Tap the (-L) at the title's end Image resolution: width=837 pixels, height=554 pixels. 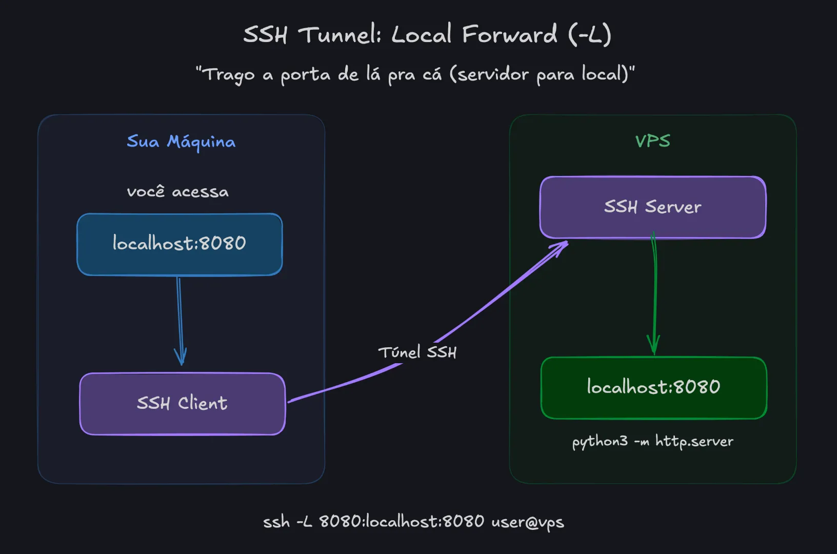pyautogui.click(x=590, y=35)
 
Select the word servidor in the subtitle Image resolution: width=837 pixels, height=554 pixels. pyautogui.click(x=492, y=74)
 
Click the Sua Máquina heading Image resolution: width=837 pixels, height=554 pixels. pyautogui.click(x=181, y=142)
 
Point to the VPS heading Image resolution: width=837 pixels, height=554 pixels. pyautogui.click(x=652, y=141)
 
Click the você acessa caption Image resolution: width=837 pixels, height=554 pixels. pyautogui.click(x=177, y=192)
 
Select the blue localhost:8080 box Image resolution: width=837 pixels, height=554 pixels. pyautogui.click(x=180, y=244)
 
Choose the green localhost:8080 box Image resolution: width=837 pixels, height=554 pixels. pyautogui.click(x=653, y=387)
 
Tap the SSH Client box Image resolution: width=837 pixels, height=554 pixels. pyautogui.click(x=182, y=404)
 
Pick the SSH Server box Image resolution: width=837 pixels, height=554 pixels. pyautogui.click(x=652, y=207)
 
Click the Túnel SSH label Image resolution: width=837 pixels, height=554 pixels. pyautogui.click(x=417, y=352)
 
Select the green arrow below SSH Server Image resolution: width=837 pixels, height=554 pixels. pyautogui.click(x=654, y=298)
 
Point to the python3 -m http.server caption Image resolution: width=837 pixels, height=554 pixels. pyautogui.click(x=652, y=442)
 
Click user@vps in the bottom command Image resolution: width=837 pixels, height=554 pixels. pyautogui.click(x=527, y=522)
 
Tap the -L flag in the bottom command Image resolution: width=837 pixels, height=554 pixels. pyautogui.click(x=304, y=522)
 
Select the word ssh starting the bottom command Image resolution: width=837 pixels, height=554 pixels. pyautogui.click(x=276, y=522)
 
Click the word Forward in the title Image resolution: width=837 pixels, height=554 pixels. pyautogui.click(x=509, y=35)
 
